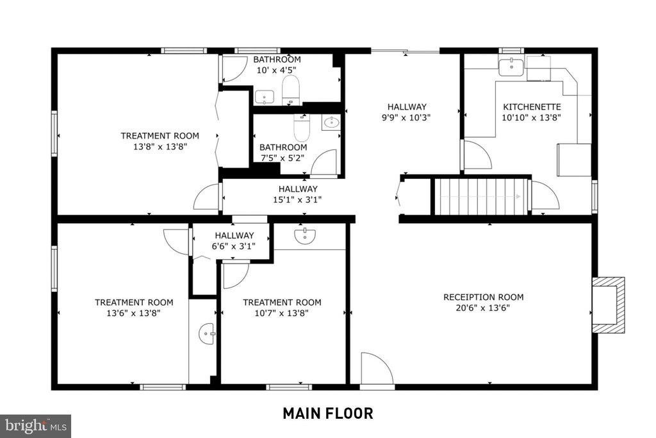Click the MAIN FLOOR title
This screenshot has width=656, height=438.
328,413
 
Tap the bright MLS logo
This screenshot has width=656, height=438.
36,426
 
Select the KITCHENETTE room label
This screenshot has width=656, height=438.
532,107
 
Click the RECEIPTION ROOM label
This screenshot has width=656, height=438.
483,298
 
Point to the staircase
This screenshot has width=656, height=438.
480,196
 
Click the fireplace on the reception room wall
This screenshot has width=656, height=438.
609,305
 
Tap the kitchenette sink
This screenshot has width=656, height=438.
511,67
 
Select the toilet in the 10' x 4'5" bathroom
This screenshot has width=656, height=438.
291,90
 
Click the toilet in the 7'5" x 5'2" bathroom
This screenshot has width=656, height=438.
302,127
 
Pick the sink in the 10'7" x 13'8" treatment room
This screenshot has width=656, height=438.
304,236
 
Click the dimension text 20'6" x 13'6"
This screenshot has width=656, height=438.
483,308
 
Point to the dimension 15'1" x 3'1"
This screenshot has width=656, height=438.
297,199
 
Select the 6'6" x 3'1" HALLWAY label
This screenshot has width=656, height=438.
234,235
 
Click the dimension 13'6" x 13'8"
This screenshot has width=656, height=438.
133,313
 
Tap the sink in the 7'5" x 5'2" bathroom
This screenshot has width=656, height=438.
331,122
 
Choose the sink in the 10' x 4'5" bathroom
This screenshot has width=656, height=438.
265,97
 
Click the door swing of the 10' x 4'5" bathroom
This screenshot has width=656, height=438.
233,69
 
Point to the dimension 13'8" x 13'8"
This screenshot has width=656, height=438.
160,147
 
